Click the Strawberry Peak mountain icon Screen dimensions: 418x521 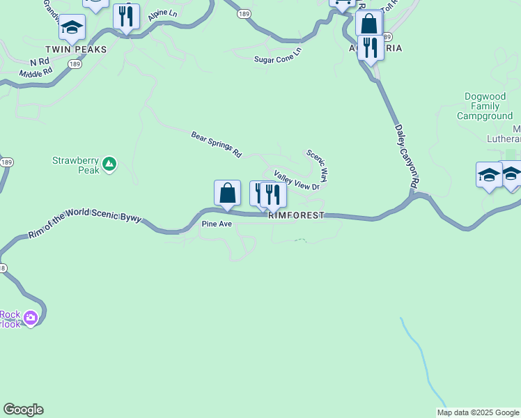(x=109, y=164)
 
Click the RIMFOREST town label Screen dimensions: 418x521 (x=297, y=216)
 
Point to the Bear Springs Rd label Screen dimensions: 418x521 (x=216, y=144)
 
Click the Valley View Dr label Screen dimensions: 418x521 (x=297, y=180)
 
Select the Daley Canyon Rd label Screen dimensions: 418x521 (x=407, y=155)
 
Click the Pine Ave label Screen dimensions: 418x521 (x=216, y=224)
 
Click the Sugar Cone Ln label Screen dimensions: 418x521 (x=278, y=55)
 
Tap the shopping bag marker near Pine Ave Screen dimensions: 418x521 (x=227, y=193)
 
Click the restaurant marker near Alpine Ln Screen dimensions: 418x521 (x=126, y=16)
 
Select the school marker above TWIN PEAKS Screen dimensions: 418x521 (x=72, y=27)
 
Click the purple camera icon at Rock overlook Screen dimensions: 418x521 (x=30, y=318)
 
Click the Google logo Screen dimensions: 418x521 (x=23, y=410)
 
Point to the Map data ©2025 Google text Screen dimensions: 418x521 (x=478, y=412)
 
